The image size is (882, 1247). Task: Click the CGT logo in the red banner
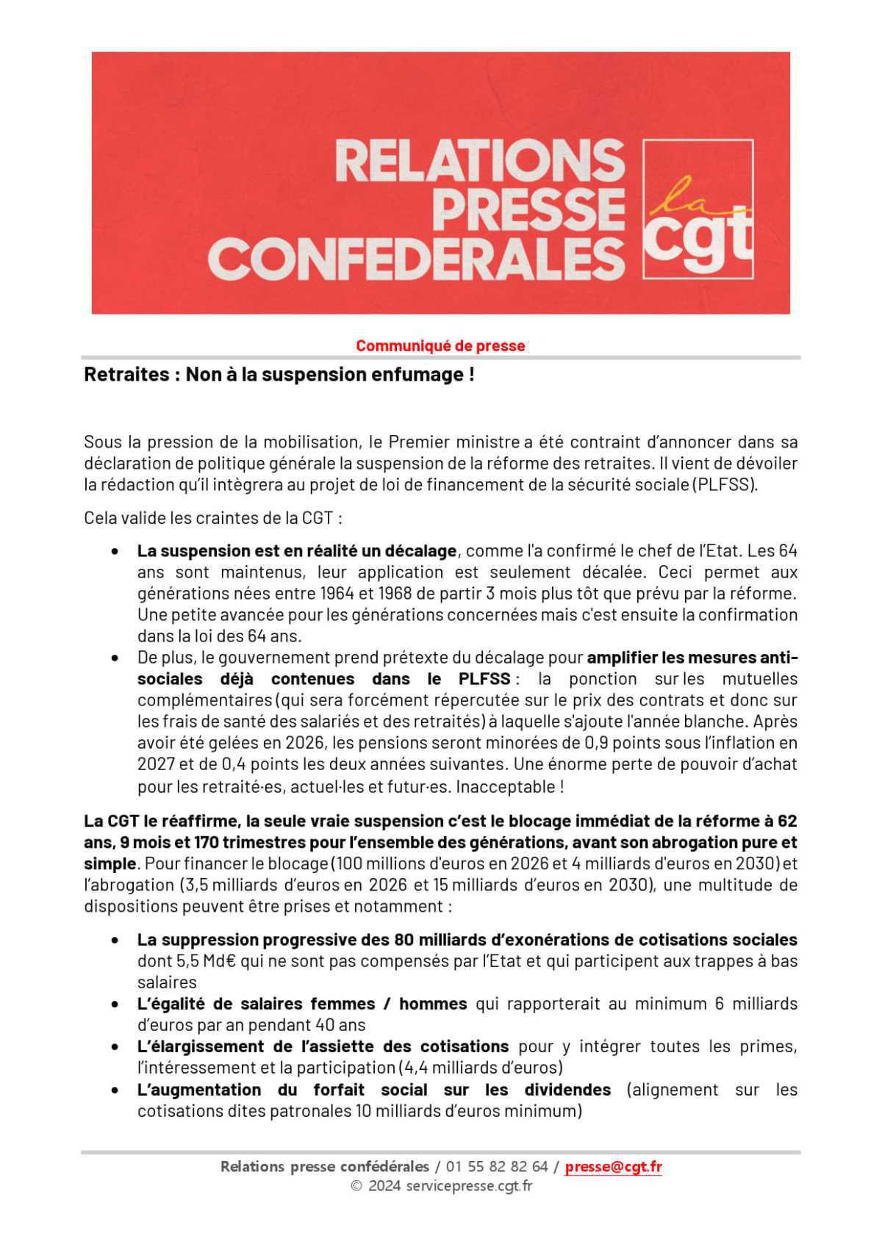698,209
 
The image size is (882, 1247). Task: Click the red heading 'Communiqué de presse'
440,345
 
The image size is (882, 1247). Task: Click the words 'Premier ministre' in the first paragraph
454,442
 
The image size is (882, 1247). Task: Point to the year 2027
155,764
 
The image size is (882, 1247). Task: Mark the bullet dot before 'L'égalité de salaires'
115,1005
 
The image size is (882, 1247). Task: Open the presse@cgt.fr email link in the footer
613,1167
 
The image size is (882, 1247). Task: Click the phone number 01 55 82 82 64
496,1167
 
